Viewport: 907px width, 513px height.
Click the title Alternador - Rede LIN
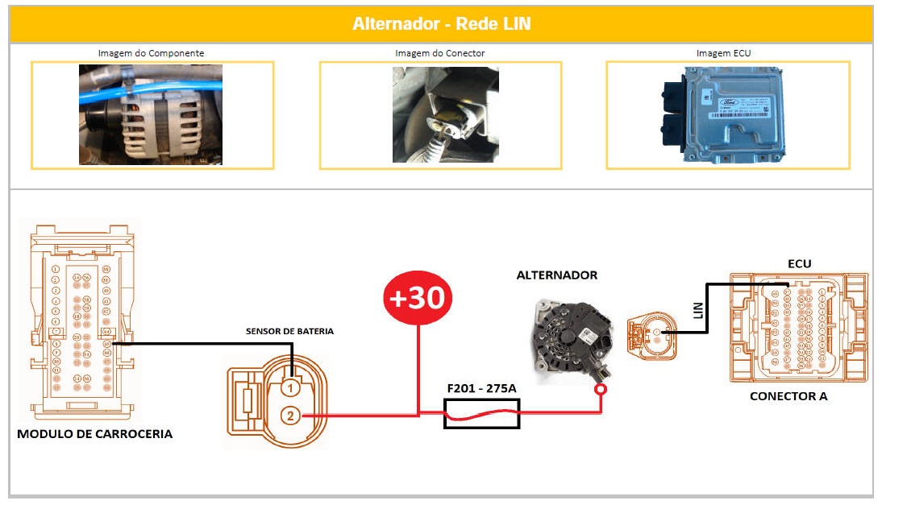(x=441, y=23)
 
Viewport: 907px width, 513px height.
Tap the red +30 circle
(x=418, y=298)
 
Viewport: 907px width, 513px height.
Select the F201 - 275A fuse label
(x=482, y=389)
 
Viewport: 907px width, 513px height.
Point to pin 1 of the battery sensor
(x=291, y=387)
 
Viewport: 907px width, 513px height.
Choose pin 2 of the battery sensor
(x=291, y=416)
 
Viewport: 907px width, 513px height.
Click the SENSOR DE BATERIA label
(x=289, y=331)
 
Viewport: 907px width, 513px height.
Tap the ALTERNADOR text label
(x=557, y=275)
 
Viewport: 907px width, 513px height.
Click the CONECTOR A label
(x=788, y=396)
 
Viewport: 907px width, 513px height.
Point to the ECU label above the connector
(x=799, y=263)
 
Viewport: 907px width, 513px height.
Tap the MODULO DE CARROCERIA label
(x=94, y=434)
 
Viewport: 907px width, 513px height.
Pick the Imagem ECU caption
(x=724, y=53)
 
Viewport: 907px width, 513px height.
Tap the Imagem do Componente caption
(x=151, y=53)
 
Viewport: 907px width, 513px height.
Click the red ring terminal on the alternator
(x=601, y=391)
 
